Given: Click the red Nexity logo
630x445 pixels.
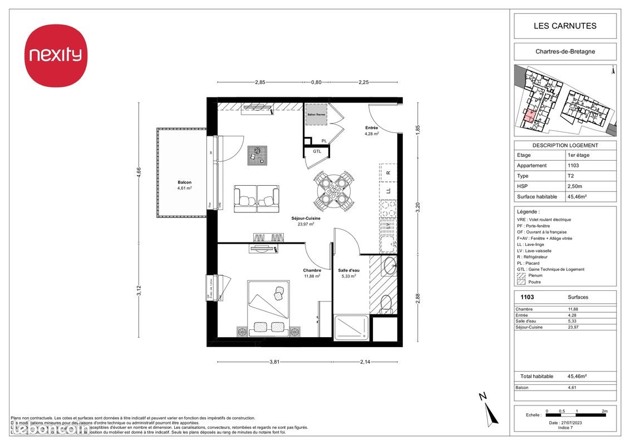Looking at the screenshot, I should tap(55, 55).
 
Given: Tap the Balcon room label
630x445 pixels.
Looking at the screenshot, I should tap(184, 182).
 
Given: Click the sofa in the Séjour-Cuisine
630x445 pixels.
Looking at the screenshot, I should tap(256, 199).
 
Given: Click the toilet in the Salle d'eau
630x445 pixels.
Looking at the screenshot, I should tap(385, 304).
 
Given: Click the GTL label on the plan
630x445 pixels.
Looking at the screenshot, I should tap(317, 151).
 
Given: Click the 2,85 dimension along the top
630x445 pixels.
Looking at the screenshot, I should tap(260, 82).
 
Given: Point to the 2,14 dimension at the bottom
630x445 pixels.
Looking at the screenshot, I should tap(365, 362).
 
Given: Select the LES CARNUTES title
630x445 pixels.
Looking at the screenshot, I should tap(565, 26).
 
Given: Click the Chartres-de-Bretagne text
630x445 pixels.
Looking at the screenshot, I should tap(565, 52).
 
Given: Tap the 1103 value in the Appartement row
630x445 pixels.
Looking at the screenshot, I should tap(573, 166).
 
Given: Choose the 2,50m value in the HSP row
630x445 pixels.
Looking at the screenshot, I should tap(575, 186).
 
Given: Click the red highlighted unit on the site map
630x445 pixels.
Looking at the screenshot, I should tap(529, 115).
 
